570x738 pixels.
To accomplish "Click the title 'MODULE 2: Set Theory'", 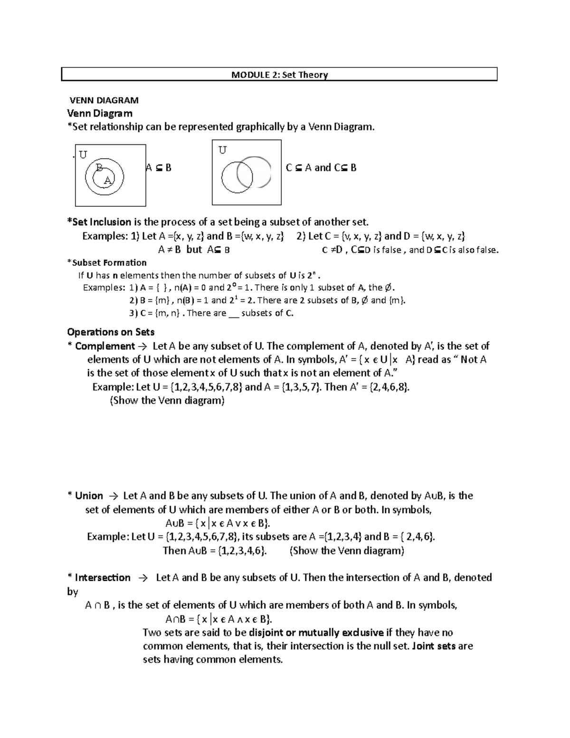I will [x=279, y=75].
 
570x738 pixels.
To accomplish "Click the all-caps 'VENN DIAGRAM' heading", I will [x=104, y=100].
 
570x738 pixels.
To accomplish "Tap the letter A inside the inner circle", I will [x=107, y=180].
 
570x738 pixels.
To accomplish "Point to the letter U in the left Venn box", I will [x=83, y=155].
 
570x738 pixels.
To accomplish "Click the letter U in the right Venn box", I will [x=222, y=150].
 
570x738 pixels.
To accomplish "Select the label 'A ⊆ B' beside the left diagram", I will [x=158, y=168].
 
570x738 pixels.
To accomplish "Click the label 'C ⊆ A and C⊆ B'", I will [x=321, y=168].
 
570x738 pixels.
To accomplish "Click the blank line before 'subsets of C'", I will [x=233, y=314].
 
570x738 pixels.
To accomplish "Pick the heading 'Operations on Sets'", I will [x=111, y=332].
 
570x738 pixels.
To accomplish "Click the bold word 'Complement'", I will [x=105, y=346].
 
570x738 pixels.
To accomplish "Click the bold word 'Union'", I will [x=89, y=496].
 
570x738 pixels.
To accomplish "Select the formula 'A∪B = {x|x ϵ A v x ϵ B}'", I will [x=219, y=523].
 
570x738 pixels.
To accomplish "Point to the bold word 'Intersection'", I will [x=103, y=578].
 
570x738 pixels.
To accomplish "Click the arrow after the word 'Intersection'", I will [x=143, y=578].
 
